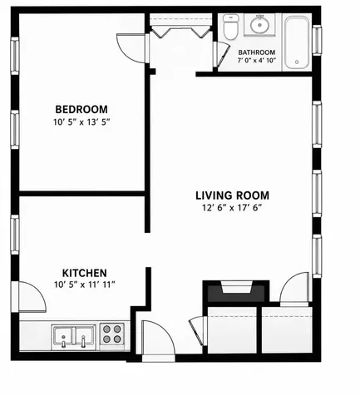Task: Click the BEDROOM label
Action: coord(81,109)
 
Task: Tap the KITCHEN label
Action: coord(85,273)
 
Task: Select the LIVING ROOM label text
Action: coord(233,196)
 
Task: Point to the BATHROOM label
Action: coord(257,52)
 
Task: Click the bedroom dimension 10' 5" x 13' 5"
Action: coord(81,122)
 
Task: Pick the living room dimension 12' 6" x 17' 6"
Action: coord(232,208)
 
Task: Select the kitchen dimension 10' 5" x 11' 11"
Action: coord(85,285)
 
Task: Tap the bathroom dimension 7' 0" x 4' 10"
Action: coord(257,60)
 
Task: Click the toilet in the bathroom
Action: coord(231,27)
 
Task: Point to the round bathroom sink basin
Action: coord(259,25)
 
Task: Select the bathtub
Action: coord(297,42)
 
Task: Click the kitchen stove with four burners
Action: coord(112,334)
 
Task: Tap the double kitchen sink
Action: coord(73,336)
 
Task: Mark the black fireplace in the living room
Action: coord(236,291)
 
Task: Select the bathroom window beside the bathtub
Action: coord(317,40)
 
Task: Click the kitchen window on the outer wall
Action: coord(15,235)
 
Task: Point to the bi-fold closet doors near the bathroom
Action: coord(180,31)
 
